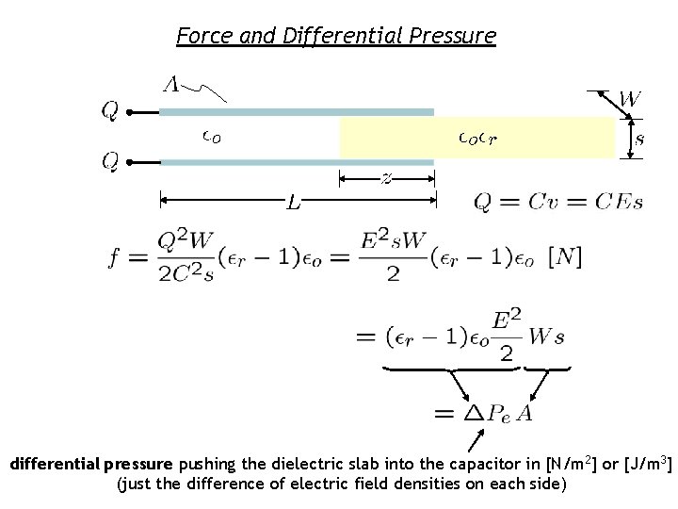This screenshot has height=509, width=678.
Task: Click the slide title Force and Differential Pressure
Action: point(336,37)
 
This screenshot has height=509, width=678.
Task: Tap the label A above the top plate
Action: point(171,84)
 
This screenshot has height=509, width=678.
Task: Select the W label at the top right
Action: point(631,98)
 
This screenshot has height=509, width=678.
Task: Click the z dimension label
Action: point(387,177)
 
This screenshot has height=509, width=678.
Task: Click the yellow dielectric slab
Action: point(476,138)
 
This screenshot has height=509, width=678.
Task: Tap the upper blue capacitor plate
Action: point(297,112)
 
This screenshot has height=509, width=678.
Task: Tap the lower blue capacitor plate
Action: point(297,162)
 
